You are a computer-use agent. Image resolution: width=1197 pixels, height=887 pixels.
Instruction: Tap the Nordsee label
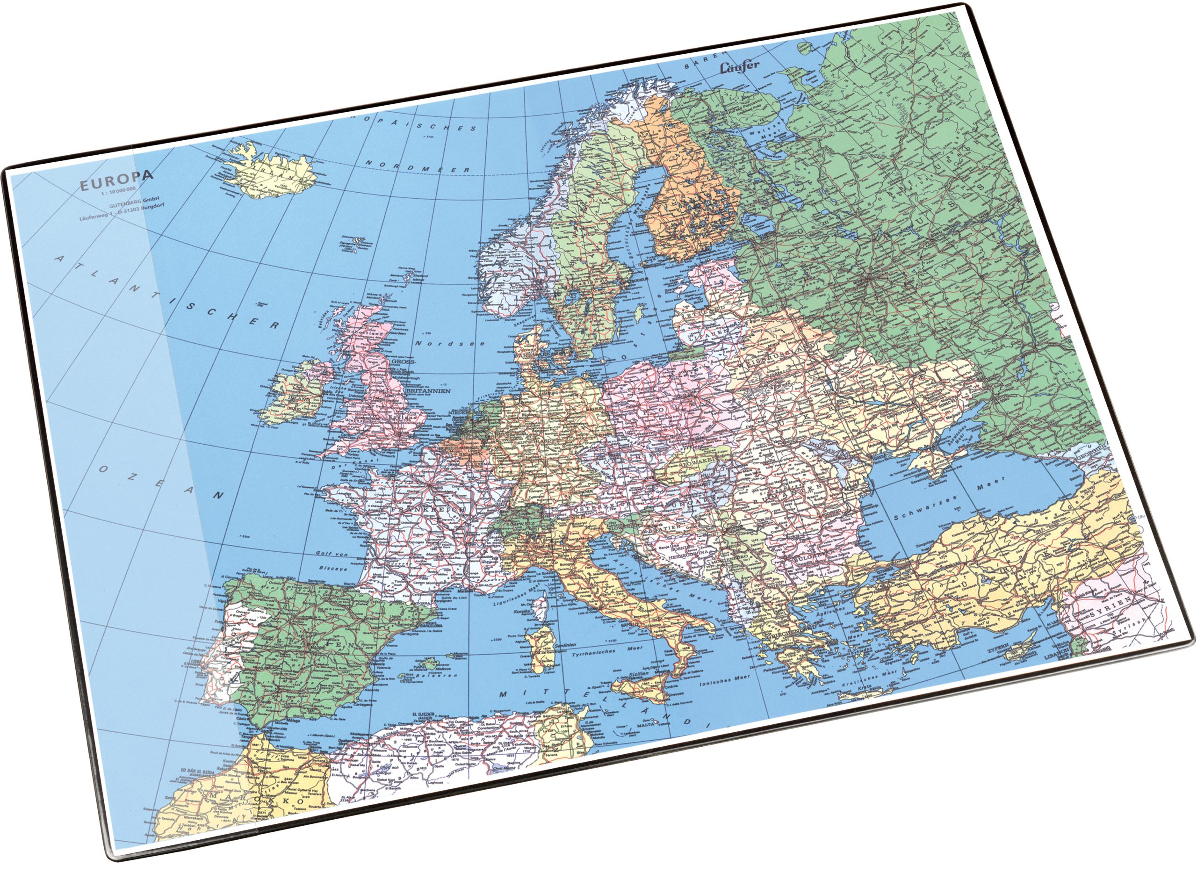(453, 343)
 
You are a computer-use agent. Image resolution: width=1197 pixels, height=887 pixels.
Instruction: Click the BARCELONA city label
(434, 626)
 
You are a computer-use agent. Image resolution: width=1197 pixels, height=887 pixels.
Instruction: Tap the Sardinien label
(563, 645)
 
